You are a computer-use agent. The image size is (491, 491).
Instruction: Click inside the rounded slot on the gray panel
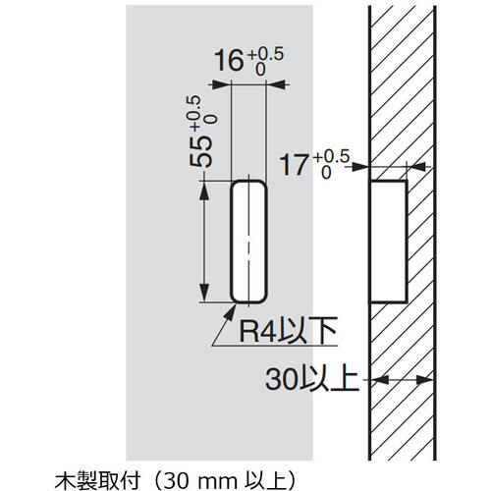[248, 241]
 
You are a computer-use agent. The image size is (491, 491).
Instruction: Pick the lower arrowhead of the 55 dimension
[205, 296]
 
